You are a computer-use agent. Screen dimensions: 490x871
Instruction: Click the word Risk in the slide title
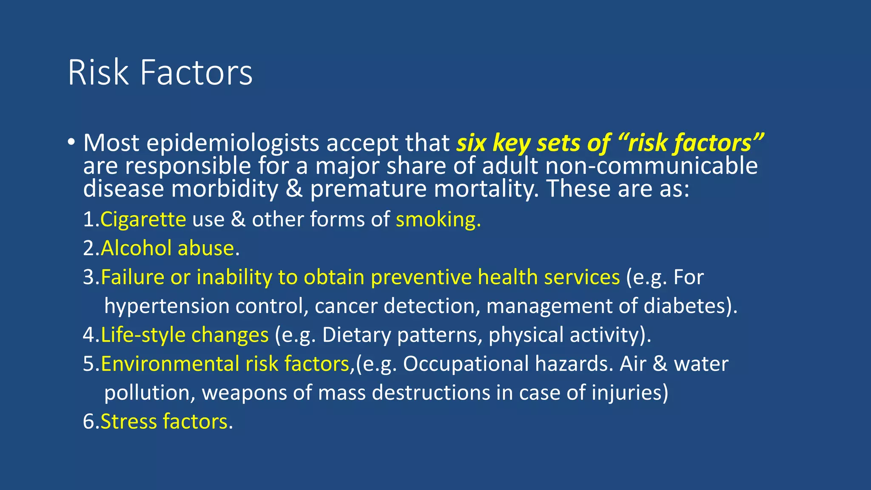point(98,73)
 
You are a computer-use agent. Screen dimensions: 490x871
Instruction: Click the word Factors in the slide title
point(196,73)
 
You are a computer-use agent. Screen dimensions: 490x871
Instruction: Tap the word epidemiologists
point(233,143)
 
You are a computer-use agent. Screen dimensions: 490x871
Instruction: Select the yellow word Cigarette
point(143,220)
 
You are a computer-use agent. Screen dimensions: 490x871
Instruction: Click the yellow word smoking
point(438,220)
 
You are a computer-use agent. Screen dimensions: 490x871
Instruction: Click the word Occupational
point(466,364)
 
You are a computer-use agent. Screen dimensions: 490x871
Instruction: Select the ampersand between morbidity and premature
point(294,189)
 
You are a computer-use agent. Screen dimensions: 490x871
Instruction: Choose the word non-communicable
point(652,166)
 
